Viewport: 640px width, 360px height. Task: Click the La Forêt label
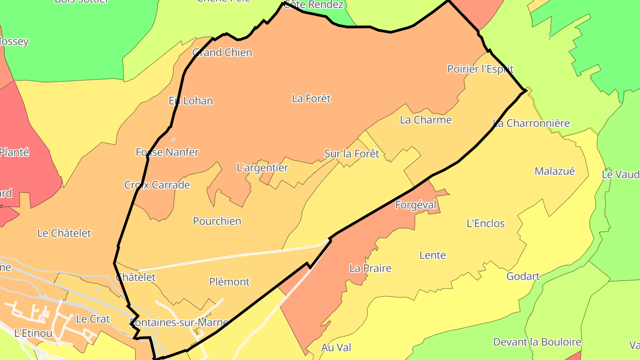pos(311,98)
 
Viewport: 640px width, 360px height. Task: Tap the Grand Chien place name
pos(222,52)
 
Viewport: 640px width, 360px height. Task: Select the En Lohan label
pos(191,101)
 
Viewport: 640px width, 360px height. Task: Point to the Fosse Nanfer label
pos(167,152)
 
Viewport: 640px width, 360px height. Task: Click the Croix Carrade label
pos(157,185)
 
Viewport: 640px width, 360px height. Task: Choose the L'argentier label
pos(262,168)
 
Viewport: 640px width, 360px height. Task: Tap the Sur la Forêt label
pos(352,154)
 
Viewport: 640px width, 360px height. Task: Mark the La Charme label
pos(425,120)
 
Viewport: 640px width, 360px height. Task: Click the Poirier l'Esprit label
pos(480,69)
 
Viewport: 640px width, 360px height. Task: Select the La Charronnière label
pos(531,123)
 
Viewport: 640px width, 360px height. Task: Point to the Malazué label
pos(554,171)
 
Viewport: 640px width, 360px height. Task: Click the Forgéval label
pos(416,205)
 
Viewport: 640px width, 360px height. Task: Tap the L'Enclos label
pos(485,223)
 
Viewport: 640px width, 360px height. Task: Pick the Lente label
pos(432,255)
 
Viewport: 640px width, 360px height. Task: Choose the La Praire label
pos(370,268)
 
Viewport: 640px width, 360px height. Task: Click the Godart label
pos(523,276)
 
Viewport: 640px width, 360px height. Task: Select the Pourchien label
pos(217,221)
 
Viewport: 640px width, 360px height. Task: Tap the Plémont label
pos(229,282)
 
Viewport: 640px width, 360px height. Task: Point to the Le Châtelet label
pos(64,233)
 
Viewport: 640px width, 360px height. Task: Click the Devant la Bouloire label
pos(537,342)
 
